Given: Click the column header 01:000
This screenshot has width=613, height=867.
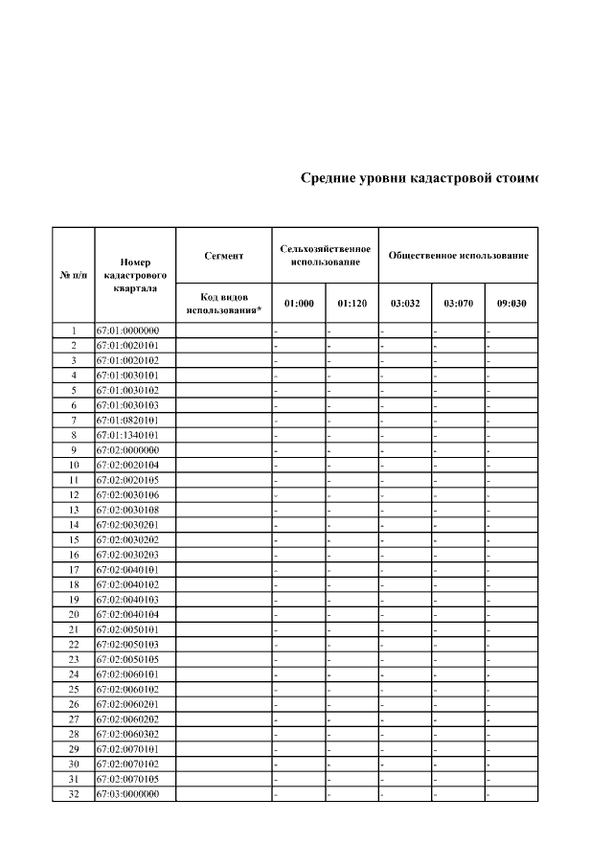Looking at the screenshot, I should pyautogui.click(x=299, y=304).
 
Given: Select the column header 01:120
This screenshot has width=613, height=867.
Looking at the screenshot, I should pyautogui.click(x=352, y=304).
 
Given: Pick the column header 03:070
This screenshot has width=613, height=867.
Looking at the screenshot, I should pyautogui.click(x=458, y=304).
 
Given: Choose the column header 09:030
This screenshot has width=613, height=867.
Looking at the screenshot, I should pyautogui.click(x=511, y=304).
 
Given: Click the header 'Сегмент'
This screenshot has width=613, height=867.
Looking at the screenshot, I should pyautogui.click(x=223, y=256).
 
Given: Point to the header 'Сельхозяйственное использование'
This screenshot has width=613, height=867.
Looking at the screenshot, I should pyautogui.click(x=325, y=256).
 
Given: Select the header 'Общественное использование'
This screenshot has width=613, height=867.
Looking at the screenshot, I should pyautogui.click(x=458, y=256).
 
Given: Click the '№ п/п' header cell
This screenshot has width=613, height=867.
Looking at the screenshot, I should pyautogui.click(x=73, y=275).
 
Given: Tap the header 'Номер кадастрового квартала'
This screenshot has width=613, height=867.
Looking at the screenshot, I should pyautogui.click(x=135, y=275).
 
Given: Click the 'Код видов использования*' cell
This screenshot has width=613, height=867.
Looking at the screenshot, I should pyautogui.click(x=223, y=304).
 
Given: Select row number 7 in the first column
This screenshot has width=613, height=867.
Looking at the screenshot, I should pyautogui.click(x=73, y=421).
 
